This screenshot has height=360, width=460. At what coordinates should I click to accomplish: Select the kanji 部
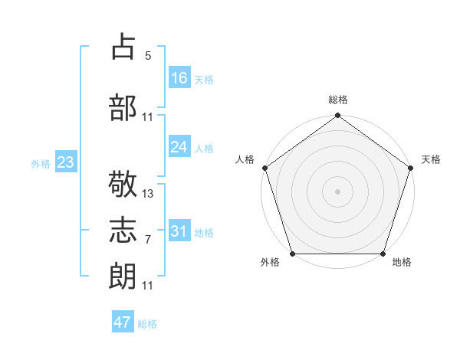[x=124, y=107]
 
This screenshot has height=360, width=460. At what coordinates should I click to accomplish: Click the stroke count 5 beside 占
[x=148, y=55]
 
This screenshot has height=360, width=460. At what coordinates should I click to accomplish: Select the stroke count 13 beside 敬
[x=148, y=194]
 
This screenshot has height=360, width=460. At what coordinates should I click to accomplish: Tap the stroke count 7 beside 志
[x=148, y=240]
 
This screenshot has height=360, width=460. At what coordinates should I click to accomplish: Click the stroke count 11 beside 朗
[x=148, y=286]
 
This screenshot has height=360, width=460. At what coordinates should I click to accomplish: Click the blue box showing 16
[x=179, y=78]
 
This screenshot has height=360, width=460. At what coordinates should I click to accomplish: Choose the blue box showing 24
[x=179, y=147]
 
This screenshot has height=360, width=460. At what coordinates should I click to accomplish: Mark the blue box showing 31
[x=179, y=231]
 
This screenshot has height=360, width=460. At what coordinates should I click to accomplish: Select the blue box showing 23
[x=65, y=162]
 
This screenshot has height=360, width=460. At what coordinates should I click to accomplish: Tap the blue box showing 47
[x=123, y=322]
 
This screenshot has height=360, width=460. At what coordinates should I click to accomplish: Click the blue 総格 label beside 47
[x=147, y=324]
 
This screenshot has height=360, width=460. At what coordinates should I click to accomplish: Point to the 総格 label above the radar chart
[x=337, y=100]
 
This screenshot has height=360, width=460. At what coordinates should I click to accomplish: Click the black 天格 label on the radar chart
[x=431, y=159]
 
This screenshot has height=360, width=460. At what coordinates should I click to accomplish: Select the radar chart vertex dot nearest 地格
[x=383, y=254]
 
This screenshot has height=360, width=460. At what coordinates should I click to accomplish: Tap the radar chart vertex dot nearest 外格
[x=291, y=254]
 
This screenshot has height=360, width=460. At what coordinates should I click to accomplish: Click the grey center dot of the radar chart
[x=337, y=191]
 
